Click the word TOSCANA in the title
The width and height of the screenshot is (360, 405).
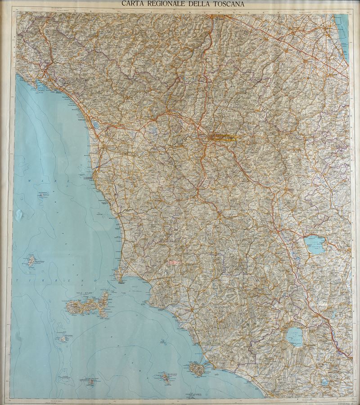[x=223, y=4]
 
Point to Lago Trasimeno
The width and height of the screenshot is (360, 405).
[x=315, y=245]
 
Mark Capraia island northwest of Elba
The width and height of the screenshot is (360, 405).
[x=31, y=260]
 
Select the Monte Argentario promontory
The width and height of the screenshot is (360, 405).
[x=196, y=369]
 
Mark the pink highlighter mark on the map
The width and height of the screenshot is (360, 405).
[x=174, y=261]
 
